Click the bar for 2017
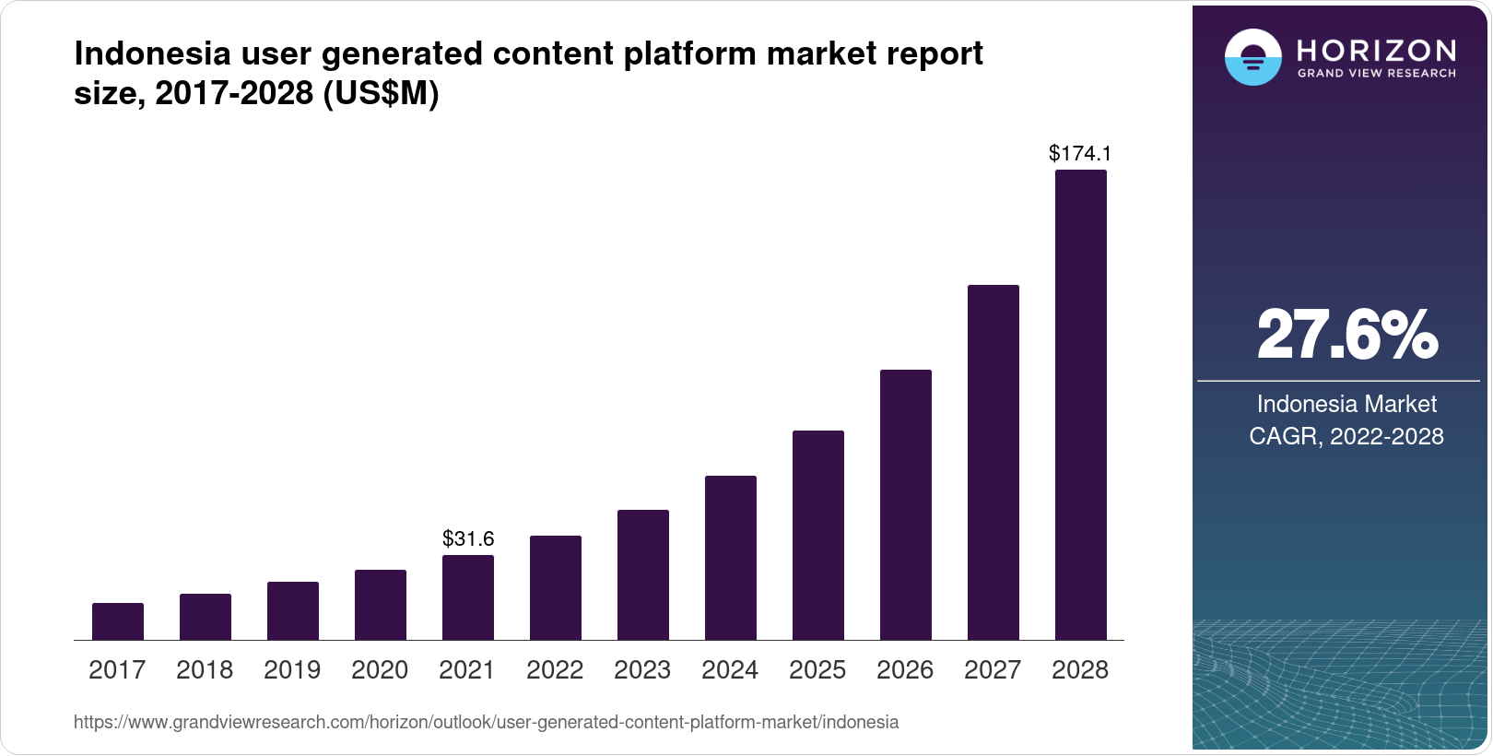pos(118,621)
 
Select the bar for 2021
pos(468,597)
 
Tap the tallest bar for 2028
pos(1080,406)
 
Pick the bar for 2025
pos(818,535)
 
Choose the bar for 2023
pos(643,574)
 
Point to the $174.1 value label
pos(1080,153)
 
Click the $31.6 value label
pos(468,538)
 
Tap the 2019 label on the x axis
pos(292,670)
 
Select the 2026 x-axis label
pos(905,670)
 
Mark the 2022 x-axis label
pos(555,670)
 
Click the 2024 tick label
pos(730,670)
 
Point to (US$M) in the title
pos(381,93)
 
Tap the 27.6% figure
pos(1346,335)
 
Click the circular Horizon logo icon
pos(1252,57)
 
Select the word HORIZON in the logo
pos(1377,50)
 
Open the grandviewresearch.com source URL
pos(486,723)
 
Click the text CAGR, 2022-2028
pos(1346,436)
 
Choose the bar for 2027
pos(993,463)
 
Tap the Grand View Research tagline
pos(1377,73)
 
